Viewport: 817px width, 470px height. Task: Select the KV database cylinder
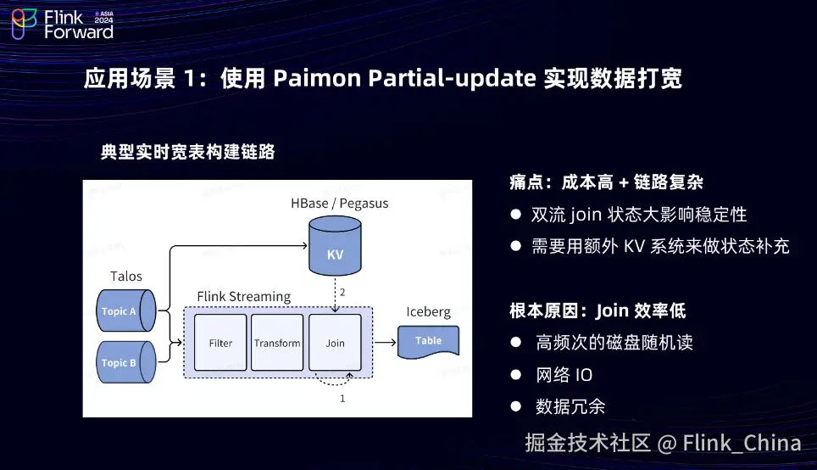(335, 246)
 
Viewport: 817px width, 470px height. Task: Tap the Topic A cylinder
(125, 311)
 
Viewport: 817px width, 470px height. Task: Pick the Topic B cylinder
(125, 362)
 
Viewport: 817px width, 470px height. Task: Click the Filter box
(220, 343)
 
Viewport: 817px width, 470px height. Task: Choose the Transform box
(277, 343)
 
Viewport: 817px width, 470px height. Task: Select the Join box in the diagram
(335, 343)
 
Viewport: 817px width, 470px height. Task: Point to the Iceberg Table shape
(429, 341)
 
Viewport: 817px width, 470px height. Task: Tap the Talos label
(126, 276)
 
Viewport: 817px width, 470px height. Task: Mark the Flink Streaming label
(243, 296)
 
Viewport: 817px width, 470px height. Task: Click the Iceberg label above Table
(428, 311)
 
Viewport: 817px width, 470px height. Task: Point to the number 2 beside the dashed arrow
(342, 292)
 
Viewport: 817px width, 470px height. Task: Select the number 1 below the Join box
(342, 397)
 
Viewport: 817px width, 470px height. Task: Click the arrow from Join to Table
(386, 343)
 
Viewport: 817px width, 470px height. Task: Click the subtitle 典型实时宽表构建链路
(187, 153)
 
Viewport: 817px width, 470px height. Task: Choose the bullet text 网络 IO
(564, 375)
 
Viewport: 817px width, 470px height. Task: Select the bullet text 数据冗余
(570, 406)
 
